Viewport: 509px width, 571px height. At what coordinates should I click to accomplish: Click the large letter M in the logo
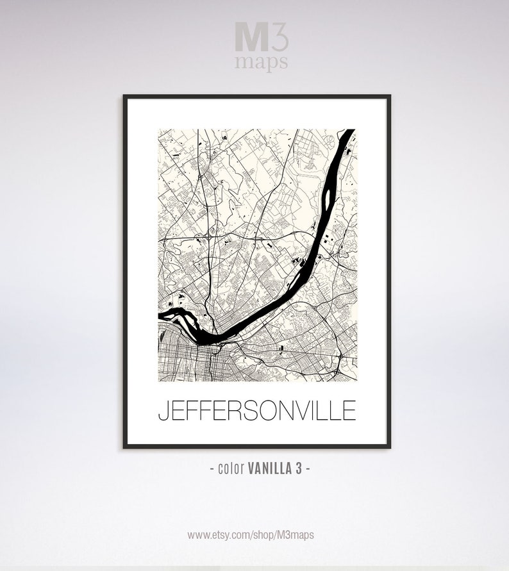click(x=249, y=38)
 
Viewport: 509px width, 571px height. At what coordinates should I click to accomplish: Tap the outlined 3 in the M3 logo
click(x=280, y=38)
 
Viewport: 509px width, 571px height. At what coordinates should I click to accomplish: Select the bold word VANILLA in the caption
click(x=269, y=468)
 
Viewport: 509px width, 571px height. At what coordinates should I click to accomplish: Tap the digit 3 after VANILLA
click(x=299, y=468)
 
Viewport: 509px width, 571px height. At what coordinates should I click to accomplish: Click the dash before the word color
click(x=212, y=468)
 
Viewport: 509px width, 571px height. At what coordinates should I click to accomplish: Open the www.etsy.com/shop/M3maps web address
click(x=251, y=534)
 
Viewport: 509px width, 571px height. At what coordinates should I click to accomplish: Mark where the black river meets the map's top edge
click(x=347, y=131)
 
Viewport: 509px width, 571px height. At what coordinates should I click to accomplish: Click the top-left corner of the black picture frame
click(x=124, y=95)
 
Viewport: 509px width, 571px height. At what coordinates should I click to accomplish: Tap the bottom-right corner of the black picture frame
click(x=389, y=447)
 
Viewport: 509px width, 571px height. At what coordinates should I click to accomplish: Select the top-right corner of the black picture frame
click(x=389, y=95)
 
